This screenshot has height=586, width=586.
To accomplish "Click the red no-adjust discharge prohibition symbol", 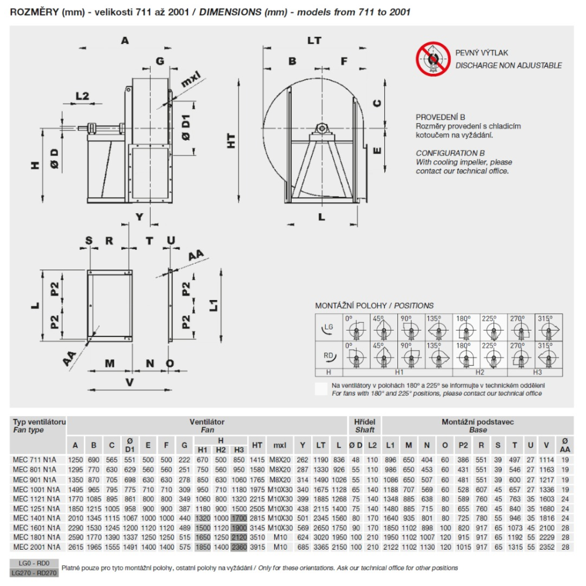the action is click(433, 59).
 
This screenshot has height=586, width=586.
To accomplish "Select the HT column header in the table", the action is click(257, 445).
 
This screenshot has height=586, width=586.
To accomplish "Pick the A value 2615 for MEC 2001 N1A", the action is click(75, 547).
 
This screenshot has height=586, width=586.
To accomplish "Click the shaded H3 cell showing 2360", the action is click(239, 547).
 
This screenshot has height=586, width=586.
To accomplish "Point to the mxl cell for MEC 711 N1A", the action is click(280, 460).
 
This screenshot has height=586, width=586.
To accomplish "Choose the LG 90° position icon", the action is click(411, 328).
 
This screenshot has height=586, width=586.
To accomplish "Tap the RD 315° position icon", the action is click(548, 355).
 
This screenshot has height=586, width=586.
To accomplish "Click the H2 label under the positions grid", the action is click(480, 372).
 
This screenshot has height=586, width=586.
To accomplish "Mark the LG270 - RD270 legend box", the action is click(34, 573).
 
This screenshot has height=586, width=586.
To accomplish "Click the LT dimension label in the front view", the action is click(314, 40).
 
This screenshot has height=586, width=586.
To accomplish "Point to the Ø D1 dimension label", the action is click(186, 127).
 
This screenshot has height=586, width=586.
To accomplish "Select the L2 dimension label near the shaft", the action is click(82, 96).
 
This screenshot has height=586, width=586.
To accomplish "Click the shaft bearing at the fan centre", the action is click(321, 129).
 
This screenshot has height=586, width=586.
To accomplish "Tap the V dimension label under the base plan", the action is click(130, 382).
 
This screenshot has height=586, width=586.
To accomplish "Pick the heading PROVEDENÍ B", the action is click(440, 117).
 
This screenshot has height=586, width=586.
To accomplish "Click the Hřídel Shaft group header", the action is click(364, 425).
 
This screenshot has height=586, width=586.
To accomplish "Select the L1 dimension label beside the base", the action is click(213, 305).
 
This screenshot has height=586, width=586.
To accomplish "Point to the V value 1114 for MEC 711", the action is click(546, 460).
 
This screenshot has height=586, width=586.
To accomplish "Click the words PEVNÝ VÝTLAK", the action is click(481, 53).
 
